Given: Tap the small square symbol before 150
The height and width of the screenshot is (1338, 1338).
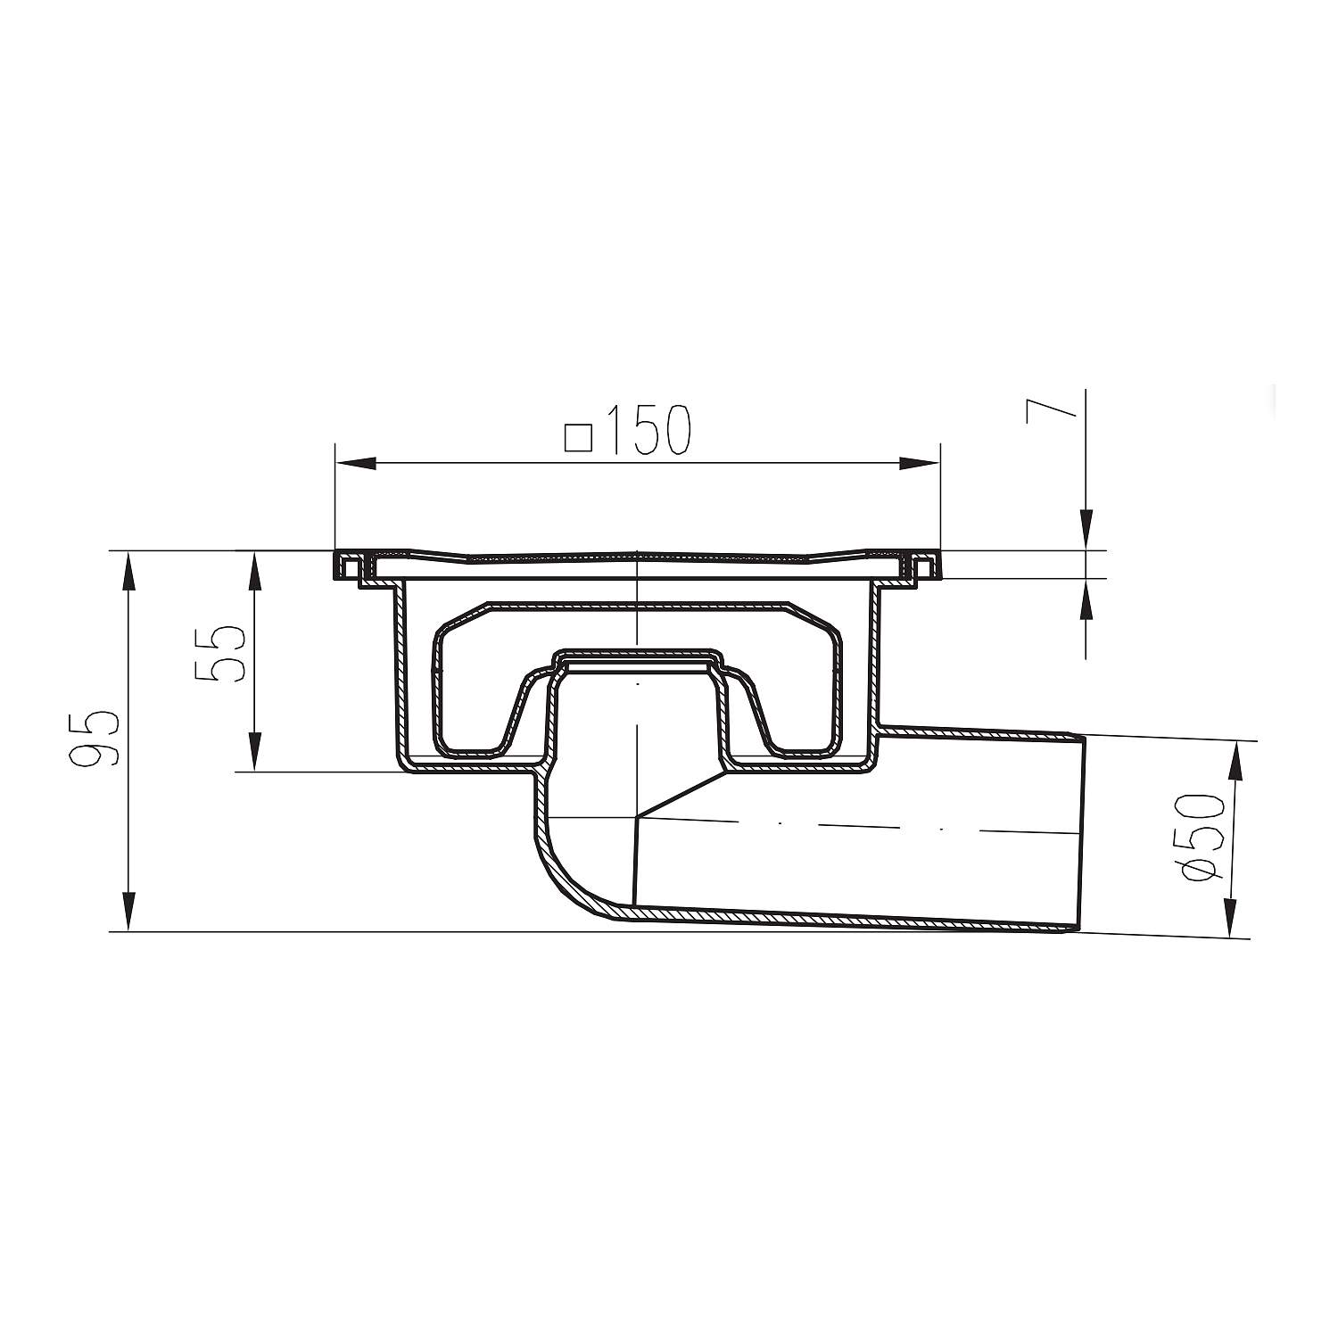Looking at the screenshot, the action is click(x=579, y=438).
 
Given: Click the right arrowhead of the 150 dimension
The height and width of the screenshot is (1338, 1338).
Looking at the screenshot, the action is click(x=920, y=463).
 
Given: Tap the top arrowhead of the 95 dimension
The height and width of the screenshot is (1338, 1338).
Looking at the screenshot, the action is click(x=128, y=572).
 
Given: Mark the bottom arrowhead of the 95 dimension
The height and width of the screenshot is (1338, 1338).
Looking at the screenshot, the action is click(x=128, y=912).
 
